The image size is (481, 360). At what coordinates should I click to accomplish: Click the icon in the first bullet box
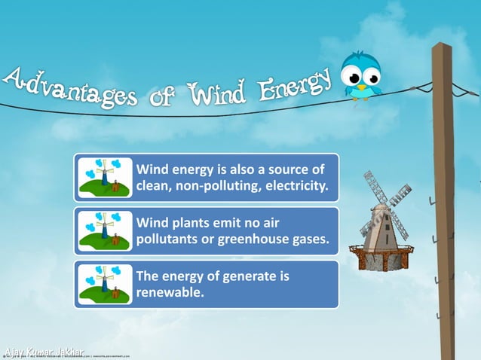(105, 178)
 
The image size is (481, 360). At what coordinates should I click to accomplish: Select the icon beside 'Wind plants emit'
(105, 231)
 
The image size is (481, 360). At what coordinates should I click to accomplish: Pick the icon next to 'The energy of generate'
(105, 284)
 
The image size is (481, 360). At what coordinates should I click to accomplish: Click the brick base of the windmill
(383, 261)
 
